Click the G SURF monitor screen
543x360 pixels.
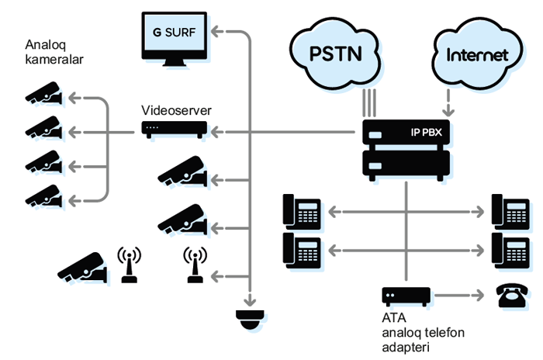[x=175, y=33]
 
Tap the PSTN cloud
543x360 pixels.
[x=334, y=53]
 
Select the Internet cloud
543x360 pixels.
[x=478, y=54]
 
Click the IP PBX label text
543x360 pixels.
[x=427, y=133]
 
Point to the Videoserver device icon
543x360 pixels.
[x=175, y=130]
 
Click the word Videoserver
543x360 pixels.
[x=176, y=110]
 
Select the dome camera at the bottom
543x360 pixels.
[x=250, y=320]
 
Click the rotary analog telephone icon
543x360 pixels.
[x=512, y=296]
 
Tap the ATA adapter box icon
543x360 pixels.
[x=406, y=296]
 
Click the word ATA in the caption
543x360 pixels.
[x=394, y=318]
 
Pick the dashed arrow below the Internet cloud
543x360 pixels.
[x=448, y=103]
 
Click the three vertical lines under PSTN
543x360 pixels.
[x=369, y=103]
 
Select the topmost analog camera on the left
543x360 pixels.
[x=44, y=93]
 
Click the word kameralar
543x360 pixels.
[x=54, y=60]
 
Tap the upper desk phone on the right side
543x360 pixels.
[x=510, y=212]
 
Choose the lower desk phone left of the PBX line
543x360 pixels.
[x=302, y=250]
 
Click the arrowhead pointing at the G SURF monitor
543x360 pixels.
[x=216, y=31]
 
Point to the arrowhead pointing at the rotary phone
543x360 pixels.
[x=479, y=296]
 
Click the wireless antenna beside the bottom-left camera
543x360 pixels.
[x=130, y=265]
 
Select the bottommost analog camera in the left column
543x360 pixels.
[x=44, y=196]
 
